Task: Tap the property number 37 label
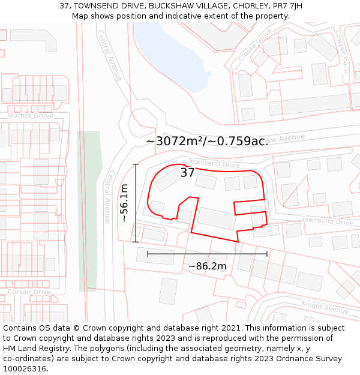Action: pos(187,173)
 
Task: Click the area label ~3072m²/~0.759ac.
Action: pos(207,141)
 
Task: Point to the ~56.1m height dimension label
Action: pos(124,203)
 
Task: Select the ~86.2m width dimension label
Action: pos(207,266)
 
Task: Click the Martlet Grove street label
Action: pos(31,115)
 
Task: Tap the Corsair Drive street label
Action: pos(29,292)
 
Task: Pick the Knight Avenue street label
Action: pos(325,307)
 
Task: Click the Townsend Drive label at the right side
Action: pos(327,221)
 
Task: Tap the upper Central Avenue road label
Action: pos(109,55)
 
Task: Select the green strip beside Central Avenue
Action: pos(88,210)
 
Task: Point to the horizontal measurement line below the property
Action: pos(207,254)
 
